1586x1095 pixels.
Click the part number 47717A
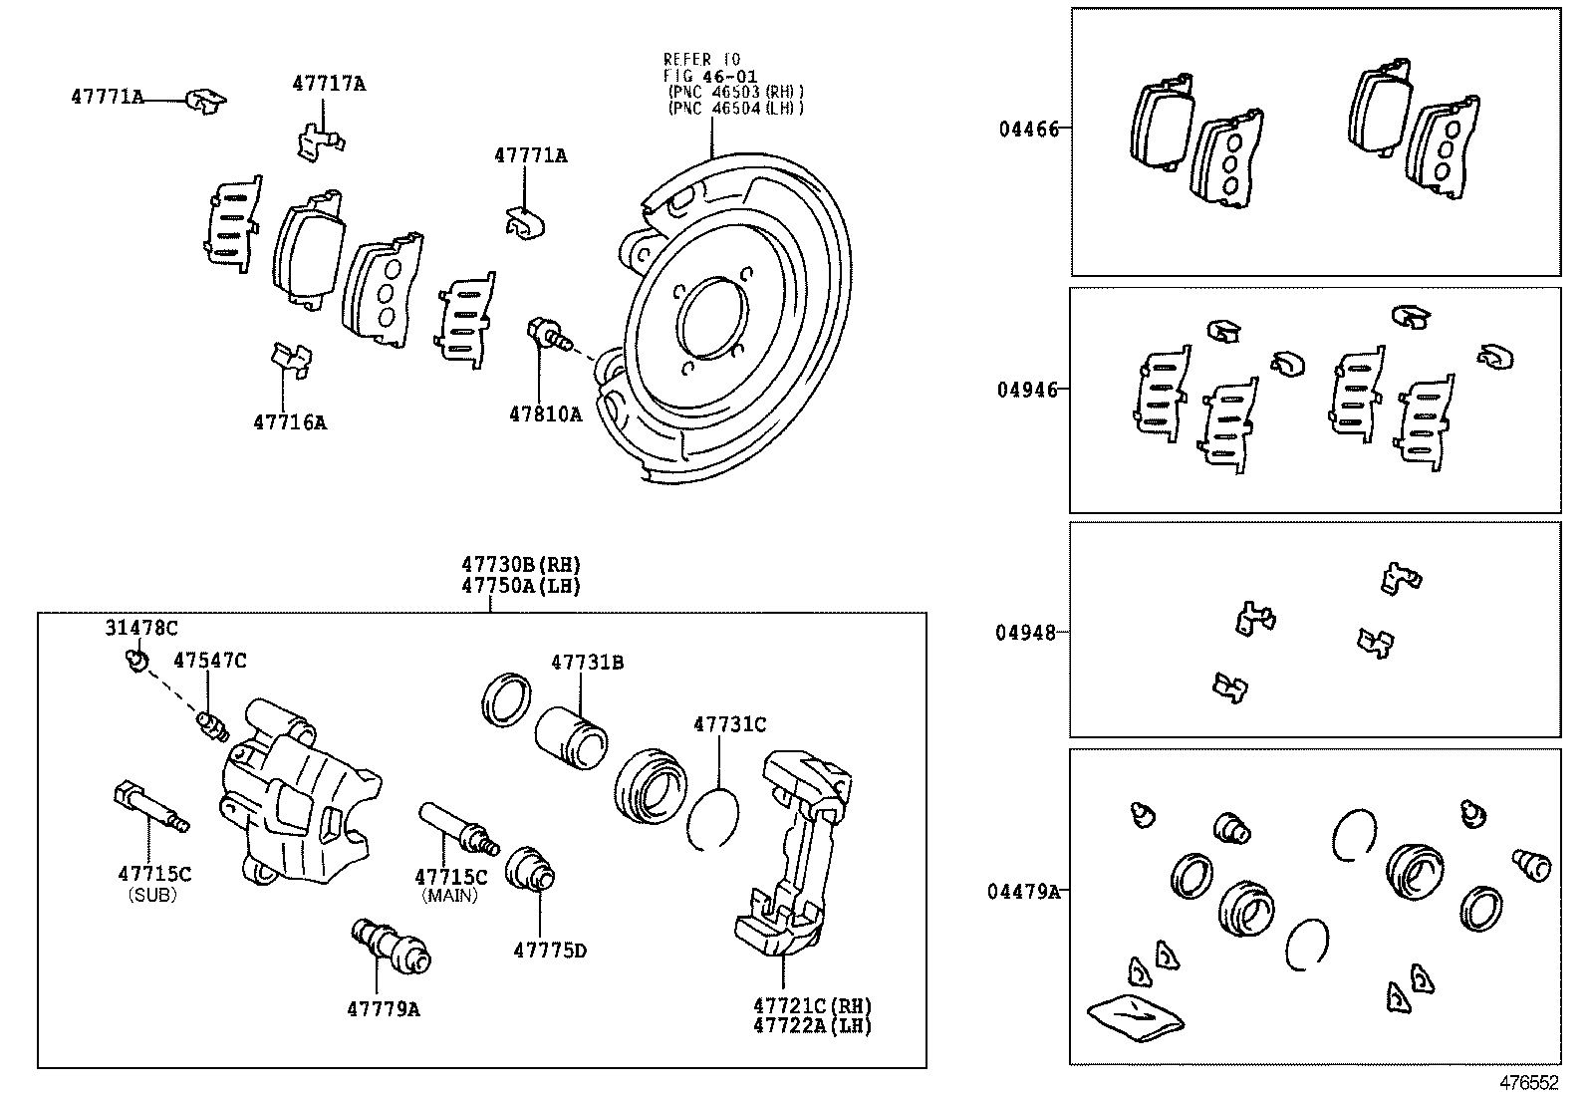click(x=329, y=84)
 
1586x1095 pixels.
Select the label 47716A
click(x=290, y=422)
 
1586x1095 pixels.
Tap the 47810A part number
click(x=545, y=414)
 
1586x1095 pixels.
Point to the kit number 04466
click(x=1029, y=129)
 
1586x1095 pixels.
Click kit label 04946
click(x=1027, y=390)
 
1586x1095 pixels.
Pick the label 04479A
click(x=1023, y=891)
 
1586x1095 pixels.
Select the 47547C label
click(x=209, y=660)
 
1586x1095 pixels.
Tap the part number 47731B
click(x=588, y=662)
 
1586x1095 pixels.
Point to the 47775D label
click(x=550, y=951)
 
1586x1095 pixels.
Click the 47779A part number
click(x=384, y=1009)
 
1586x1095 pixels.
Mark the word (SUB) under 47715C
click(x=153, y=895)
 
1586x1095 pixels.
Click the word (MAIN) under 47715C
click(x=450, y=896)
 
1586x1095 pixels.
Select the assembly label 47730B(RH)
click(x=520, y=565)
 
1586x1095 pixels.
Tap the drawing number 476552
click(x=1529, y=1081)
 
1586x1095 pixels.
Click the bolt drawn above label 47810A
click(x=547, y=334)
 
